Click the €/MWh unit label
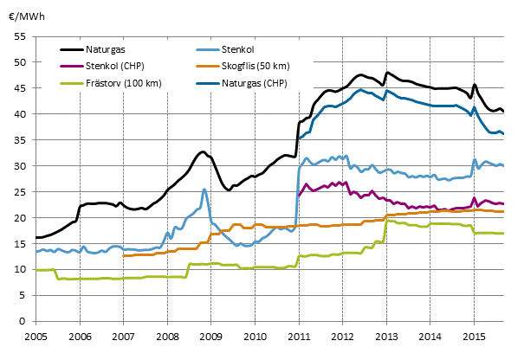click(27, 11)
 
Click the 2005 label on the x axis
click(36, 335)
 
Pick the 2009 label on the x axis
click(211, 335)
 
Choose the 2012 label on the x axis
click(343, 335)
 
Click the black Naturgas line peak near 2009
click(202, 152)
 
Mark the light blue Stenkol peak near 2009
click(204, 190)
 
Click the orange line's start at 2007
click(123, 256)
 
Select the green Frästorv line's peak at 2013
click(388, 221)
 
